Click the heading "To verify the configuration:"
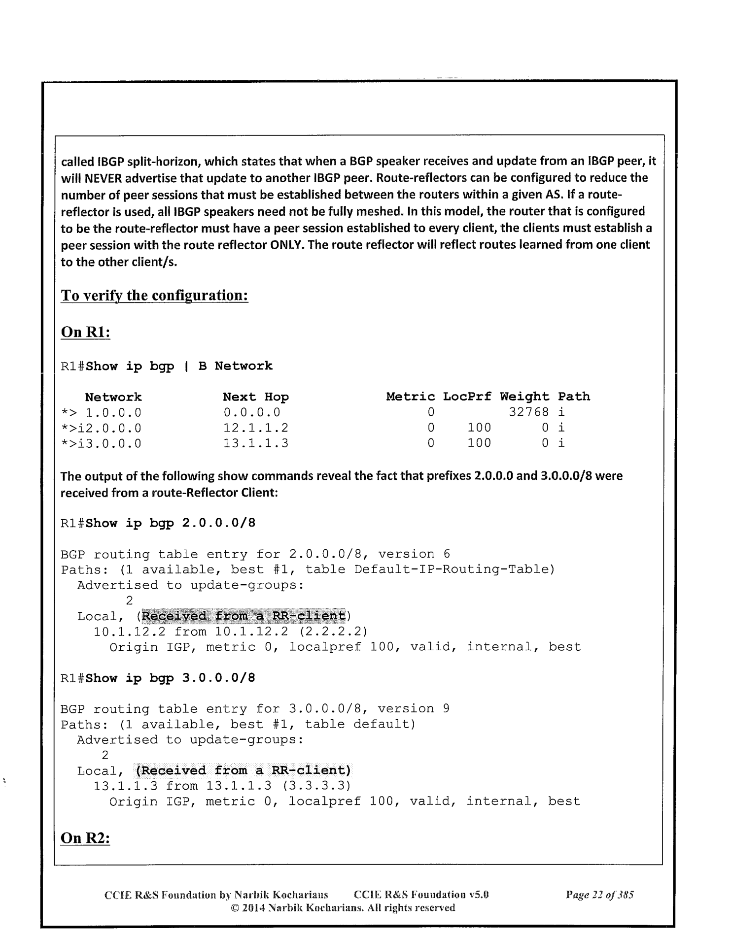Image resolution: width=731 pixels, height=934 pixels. pyautogui.click(x=154, y=296)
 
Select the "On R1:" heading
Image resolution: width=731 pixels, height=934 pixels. pyautogui.click(x=85, y=332)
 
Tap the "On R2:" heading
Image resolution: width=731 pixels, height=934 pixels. pyautogui.click(x=85, y=838)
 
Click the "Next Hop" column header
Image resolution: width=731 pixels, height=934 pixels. pyautogui.click(x=256, y=397)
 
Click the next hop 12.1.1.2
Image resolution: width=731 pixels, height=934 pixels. pyautogui.click(x=256, y=428)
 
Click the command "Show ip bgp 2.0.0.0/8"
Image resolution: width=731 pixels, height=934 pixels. pyautogui.click(x=170, y=523)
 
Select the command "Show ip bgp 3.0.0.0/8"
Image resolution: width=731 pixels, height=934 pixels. pyautogui.click(x=170, y=678)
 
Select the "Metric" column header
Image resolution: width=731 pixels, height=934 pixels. pyautogui.click(x=411, y=397)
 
